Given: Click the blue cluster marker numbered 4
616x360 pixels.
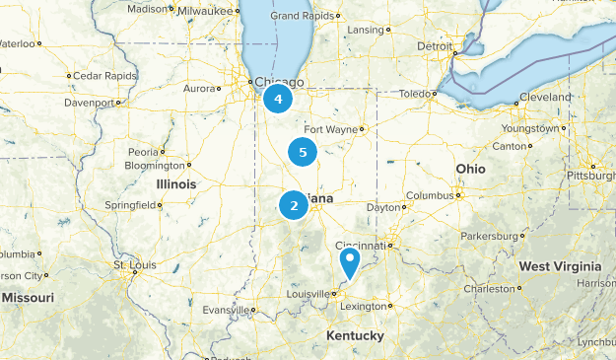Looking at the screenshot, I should coord(278,99).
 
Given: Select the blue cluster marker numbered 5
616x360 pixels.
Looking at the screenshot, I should coord(303,152).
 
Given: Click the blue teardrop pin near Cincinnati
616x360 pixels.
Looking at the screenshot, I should coord(349,262).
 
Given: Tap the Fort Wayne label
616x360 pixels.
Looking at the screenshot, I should coord(328,129).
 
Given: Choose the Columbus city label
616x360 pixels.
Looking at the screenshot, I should coord(428,195).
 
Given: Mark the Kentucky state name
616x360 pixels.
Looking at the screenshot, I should coord(355,336).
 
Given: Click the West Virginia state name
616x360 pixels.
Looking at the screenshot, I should coord(560,266).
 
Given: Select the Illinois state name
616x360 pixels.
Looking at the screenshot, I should coord(175,184).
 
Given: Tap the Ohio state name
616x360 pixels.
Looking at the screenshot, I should coord(470,169).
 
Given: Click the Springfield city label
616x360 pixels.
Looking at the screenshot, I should coord(131,205).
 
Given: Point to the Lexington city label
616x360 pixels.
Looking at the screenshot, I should coord(363,307).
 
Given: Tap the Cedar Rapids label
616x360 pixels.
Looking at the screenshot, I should coord(102,75).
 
